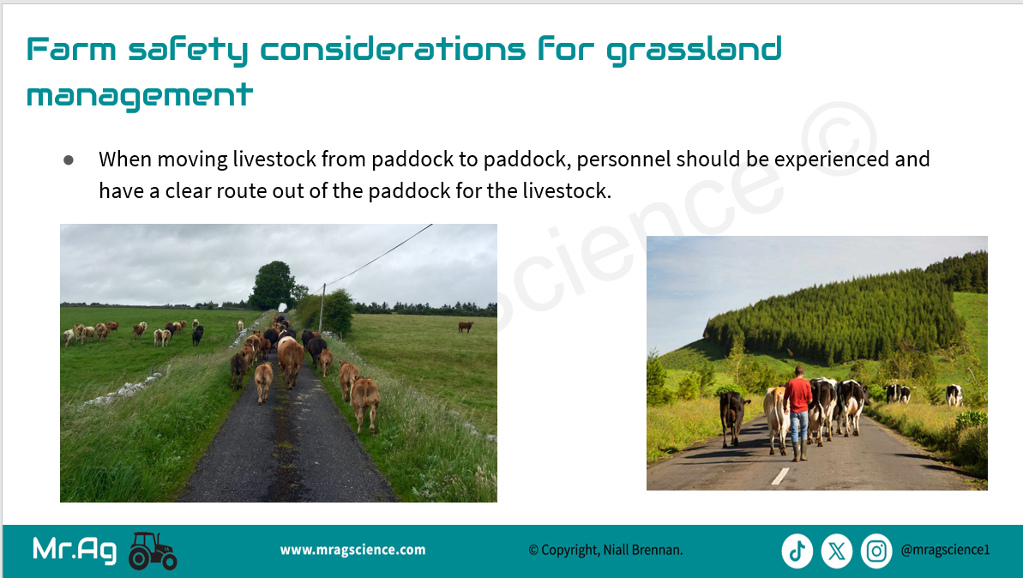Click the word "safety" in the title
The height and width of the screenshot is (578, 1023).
[188, 51]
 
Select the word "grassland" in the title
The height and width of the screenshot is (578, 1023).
[694, 51]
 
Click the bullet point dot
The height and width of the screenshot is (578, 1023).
[69, 160]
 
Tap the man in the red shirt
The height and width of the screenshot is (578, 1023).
[797, 412]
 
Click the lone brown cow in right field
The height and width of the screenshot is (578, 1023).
[465, 326]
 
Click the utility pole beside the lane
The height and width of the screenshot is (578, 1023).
[322, 308]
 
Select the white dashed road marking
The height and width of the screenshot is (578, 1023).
[780, 476]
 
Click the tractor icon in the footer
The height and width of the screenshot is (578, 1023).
[153, 551]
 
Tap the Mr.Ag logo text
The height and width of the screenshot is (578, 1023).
[75, 550]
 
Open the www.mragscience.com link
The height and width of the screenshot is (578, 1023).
[353, 550]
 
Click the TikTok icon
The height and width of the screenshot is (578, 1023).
[797, 551]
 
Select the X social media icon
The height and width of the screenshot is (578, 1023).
[837, 551]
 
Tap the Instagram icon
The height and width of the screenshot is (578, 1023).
[876, 551]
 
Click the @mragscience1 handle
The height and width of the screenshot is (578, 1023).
[945, 550]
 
